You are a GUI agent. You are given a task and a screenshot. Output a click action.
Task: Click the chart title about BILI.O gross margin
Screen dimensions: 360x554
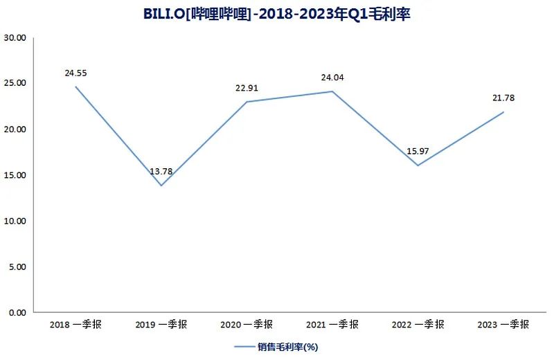coord(277,13)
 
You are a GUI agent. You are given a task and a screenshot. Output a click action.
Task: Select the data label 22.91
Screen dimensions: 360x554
coord(247,87)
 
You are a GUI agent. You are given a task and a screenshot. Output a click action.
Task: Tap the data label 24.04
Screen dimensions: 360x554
coord(332,77)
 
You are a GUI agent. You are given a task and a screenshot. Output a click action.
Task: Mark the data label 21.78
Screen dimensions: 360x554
coord(503,98)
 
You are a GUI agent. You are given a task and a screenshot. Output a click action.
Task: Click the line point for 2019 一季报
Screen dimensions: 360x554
coord(161,186)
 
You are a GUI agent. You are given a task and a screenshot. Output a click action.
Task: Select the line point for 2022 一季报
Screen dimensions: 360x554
coord(418,165)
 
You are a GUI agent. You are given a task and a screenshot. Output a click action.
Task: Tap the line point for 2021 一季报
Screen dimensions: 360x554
coord(332,91)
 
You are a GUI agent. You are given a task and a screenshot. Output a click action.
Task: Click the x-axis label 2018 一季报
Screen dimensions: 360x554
coord(75,324)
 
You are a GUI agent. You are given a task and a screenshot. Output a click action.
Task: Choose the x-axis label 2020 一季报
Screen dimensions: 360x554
coord(247,324)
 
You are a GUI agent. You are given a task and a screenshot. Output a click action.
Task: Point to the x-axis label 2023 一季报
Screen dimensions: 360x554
coord(503,324)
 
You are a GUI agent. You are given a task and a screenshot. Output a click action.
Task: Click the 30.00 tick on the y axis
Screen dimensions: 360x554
coord(15,37)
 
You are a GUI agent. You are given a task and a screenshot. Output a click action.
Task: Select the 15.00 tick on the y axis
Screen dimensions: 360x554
coord(15,175)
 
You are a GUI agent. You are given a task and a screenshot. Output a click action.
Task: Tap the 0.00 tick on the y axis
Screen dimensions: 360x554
coord(17,312)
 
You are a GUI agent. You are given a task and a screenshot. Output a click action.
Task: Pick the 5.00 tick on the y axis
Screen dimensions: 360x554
coord(17,267)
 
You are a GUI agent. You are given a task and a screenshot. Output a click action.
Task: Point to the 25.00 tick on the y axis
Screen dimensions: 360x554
coord(15,83)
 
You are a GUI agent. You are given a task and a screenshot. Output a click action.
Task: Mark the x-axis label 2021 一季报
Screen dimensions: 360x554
coord(332,324)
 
